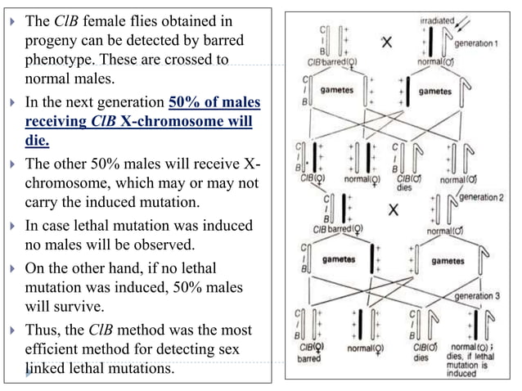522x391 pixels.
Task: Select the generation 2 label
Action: pyautogui.click(x=482, y=197)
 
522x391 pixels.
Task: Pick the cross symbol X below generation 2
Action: pyautogui.click(x=394, y=209)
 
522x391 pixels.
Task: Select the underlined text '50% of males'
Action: pyautogui.click(x=214, y=102)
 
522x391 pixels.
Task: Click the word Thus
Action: pyautogui.click(x=46, y=330)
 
